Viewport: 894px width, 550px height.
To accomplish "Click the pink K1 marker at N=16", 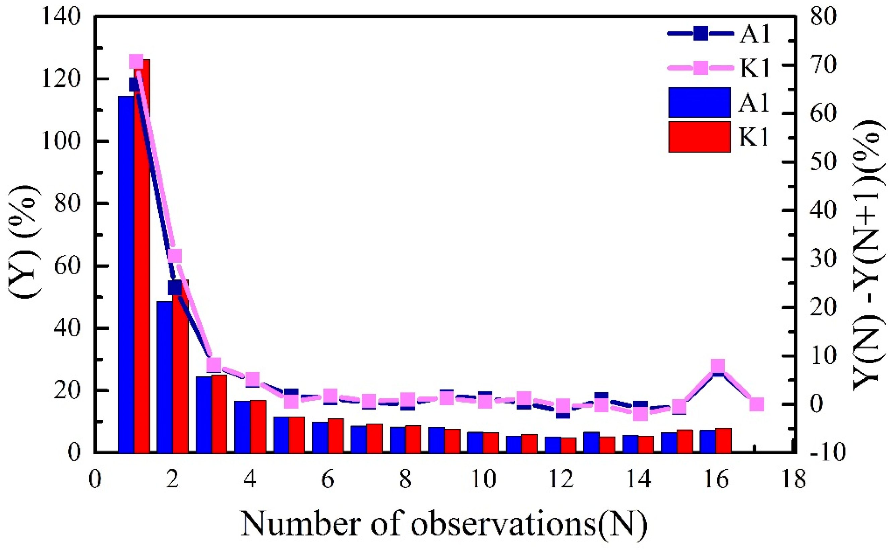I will point(718,366).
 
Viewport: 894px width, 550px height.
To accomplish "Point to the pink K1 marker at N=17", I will point(757,405).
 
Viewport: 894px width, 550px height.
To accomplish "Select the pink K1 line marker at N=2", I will point(175,256).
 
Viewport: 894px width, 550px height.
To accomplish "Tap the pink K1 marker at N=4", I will point(252,380).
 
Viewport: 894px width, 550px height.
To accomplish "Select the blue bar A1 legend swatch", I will point(699,102).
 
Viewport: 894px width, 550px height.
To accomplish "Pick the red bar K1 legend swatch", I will point(699,137).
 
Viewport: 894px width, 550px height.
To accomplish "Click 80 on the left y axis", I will point(67,204).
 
